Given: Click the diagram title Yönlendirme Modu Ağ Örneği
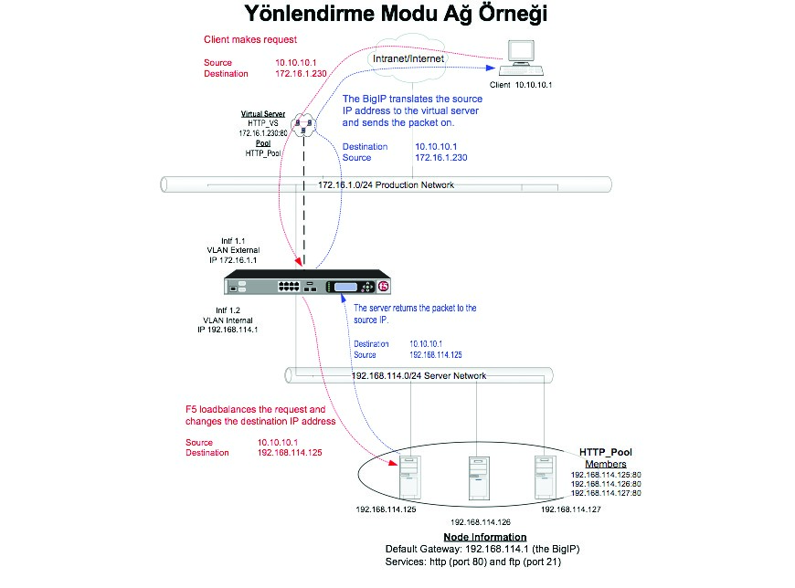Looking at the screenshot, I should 397,16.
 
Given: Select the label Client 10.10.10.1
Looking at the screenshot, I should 522,85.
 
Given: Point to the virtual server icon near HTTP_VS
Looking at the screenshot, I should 303,123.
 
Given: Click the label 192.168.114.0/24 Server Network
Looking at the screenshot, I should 419,375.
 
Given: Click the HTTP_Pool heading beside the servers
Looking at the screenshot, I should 605,452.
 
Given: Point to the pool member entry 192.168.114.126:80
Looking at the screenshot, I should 606,484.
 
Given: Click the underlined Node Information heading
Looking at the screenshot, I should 484,537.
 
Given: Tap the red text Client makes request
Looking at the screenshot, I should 250,40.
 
